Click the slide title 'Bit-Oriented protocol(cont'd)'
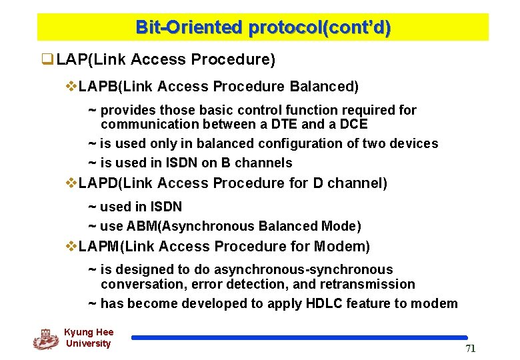tap(263, 28)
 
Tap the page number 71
tap(470, 349)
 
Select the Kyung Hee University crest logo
tap(45, 339)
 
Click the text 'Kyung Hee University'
tap(89, 338)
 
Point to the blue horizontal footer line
tap(299, 338)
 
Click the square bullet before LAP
tap(47, 60)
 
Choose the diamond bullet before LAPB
tap(71, 87)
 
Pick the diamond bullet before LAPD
tap(71, 183)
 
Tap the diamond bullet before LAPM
tap(71, 247)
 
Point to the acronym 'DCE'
tap(353, 125)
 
